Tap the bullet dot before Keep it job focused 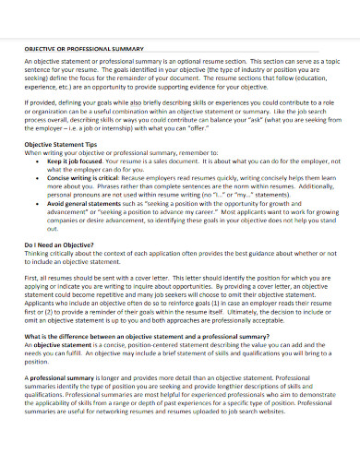pyautogui.click(x=38, y=160)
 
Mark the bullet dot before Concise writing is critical pyautogui.click(x=38, y=176)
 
